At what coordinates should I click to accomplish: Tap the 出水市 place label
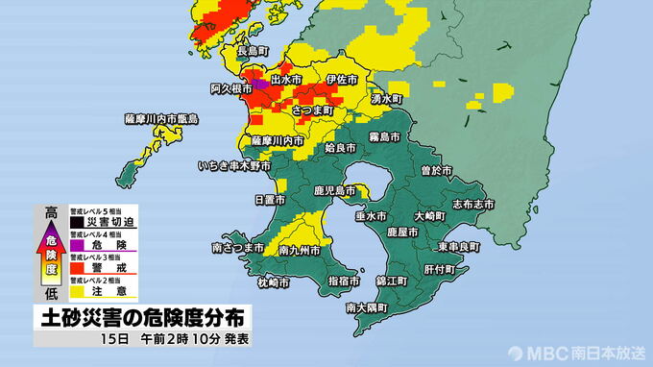click(x=288, y=78)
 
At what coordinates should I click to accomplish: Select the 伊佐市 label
click(x=341, y=78)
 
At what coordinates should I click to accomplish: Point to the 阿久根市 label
click(x=230, y=88)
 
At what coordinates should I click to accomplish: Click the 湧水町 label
click(x=389, y=99)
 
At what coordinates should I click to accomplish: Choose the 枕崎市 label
click(x=274, y=282)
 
